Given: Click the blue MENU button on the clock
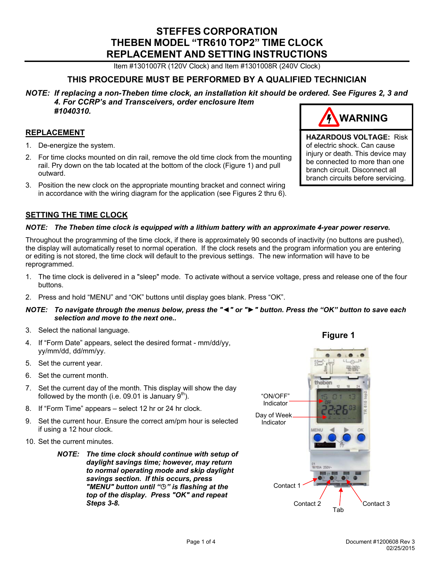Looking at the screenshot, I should tap(317, 437).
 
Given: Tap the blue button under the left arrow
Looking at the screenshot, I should tap(332, 437).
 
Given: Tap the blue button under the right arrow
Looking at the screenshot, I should tap(347, 437).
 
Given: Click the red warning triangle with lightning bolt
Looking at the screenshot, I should tap(328, 118).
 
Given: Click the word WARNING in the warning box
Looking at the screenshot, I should tap(364, 118).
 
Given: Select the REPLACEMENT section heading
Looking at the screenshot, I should tap(55, 133).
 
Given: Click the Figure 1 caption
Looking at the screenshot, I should tap(338, 335).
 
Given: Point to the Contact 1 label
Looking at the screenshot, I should tap(287, 486).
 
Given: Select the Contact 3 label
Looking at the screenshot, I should tap(376, 504).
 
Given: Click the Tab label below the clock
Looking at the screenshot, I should tap(338, 510).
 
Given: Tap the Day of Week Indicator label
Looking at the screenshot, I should tap(274, 419).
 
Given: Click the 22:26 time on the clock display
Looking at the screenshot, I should tap(335, 410).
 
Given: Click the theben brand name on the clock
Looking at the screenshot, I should tap(323, 383).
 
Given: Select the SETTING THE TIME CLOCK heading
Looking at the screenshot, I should tap(77, 215).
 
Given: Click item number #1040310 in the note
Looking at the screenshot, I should tap(73, 111).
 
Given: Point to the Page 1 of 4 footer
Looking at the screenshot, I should tap(201, 542).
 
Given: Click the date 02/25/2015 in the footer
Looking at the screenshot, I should tap(400, 548).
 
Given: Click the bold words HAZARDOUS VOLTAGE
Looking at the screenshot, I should tap(348, 137).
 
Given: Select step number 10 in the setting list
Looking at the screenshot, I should tap(30, 441).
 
